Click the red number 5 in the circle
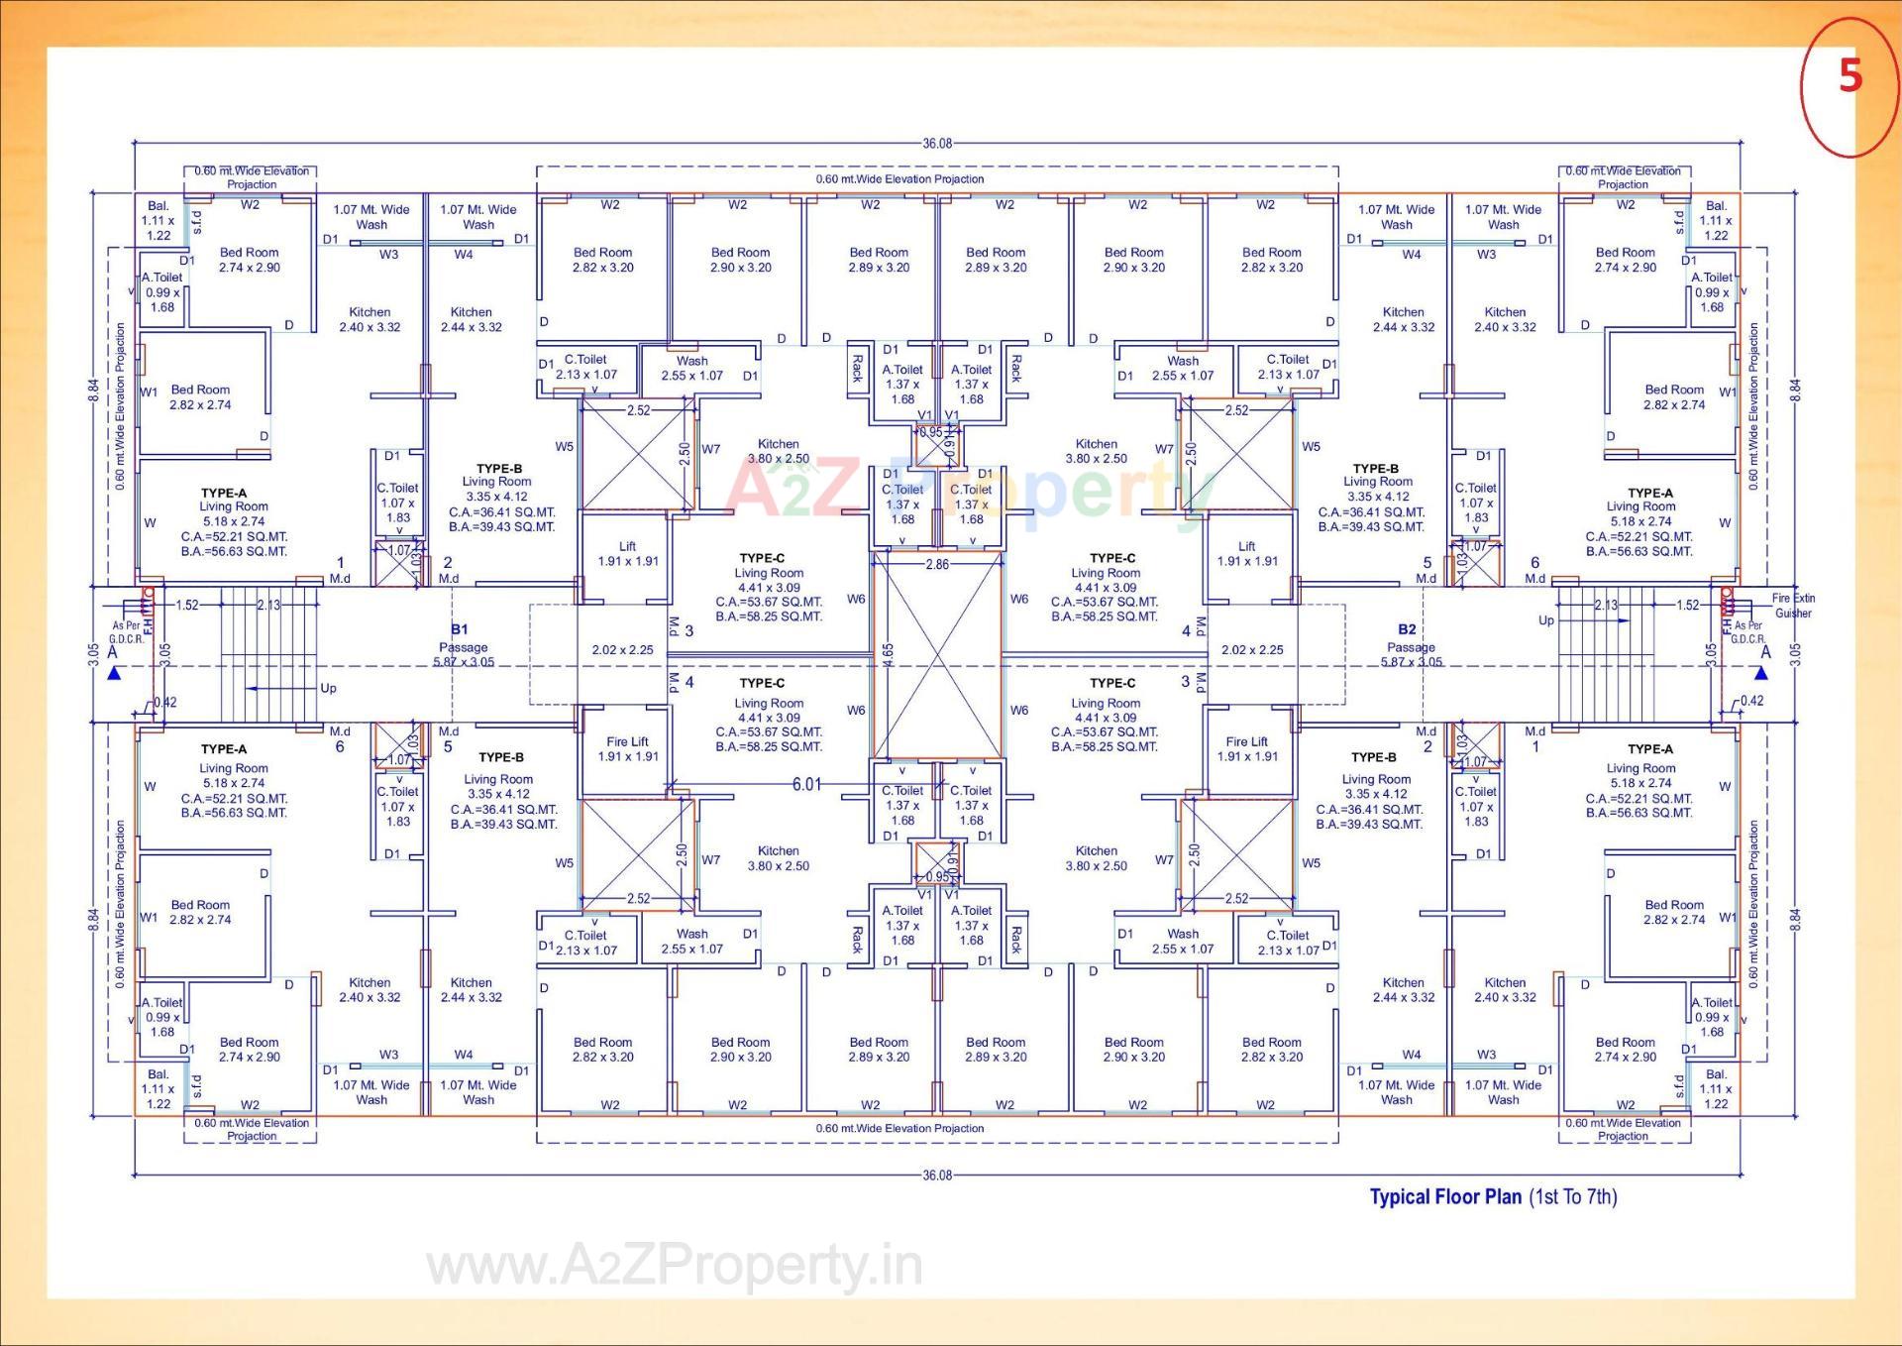coord(1849,76)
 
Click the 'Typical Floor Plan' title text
coord(1444,1196)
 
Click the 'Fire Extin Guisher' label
coord(1793,606)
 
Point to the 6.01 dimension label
coord(806,784)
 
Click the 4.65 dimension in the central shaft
coord(889,655)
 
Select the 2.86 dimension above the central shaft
coord(936,564)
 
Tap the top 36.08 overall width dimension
coord(936,144)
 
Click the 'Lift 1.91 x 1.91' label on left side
coord(627,553)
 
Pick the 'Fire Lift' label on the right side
coord(1246,748)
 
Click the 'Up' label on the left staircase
coord(328,688)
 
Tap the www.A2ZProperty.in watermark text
coord(674,1267)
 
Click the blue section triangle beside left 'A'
coord(114,674)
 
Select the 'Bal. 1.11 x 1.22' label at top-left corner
coord(158,221)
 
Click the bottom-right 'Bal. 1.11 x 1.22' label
coord(1716,1088)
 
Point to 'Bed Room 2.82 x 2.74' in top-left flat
coord(200,397)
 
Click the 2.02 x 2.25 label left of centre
coord(622,650)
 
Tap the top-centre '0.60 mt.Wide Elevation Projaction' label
coord(899,179)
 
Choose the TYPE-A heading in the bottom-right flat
coord(1650,749)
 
